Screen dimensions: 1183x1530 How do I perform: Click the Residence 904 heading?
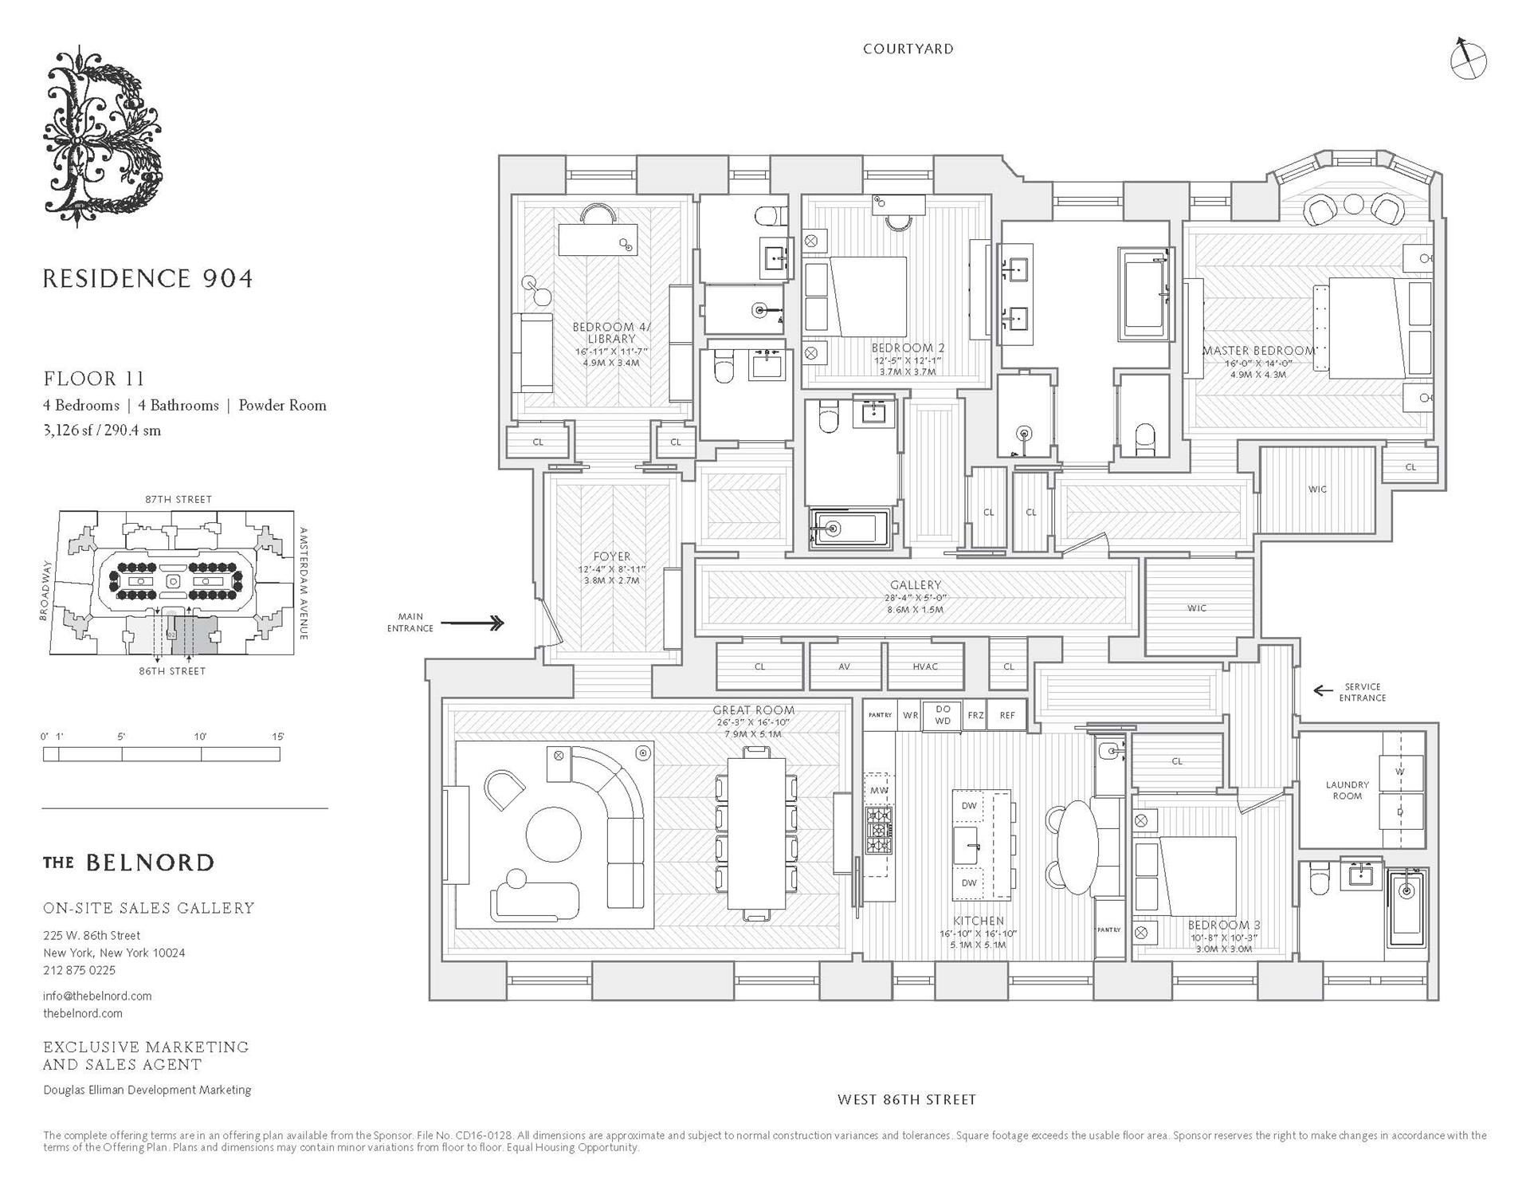147,278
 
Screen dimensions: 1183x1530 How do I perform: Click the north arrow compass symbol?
1468,60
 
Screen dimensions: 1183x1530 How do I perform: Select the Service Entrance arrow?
1324,690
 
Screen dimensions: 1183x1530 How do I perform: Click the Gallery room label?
916,585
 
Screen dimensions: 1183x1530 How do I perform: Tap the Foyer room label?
612,556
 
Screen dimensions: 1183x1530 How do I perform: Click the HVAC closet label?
925,666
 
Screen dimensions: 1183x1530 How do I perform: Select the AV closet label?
844,666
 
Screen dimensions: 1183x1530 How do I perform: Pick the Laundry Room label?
1347,790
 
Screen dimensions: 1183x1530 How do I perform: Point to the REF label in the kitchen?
1007,715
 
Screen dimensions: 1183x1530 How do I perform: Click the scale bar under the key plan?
162,754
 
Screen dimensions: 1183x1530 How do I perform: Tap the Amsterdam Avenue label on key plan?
304,583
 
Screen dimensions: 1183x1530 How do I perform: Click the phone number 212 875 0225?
80,970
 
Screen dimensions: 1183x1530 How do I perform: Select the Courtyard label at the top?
908,49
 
